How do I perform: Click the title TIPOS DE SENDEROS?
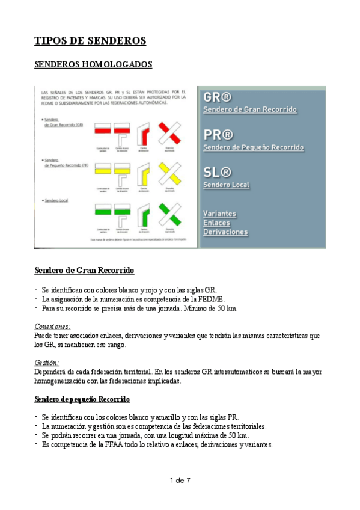click(x=91, y=41)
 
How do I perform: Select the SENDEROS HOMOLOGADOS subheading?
click(x=93, y=64)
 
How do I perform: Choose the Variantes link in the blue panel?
click(x=219, y=214)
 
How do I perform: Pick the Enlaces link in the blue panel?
click(x=216, y=223)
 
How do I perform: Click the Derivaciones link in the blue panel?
click(x=225, y=232)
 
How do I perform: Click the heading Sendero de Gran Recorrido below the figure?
click(x=85, y=270)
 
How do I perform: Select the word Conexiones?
click(x=53, y=327)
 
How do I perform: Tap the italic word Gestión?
click(x=47, y=363)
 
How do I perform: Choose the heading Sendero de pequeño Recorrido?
click(x=82, y=399)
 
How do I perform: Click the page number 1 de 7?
click(x=180, y=480)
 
